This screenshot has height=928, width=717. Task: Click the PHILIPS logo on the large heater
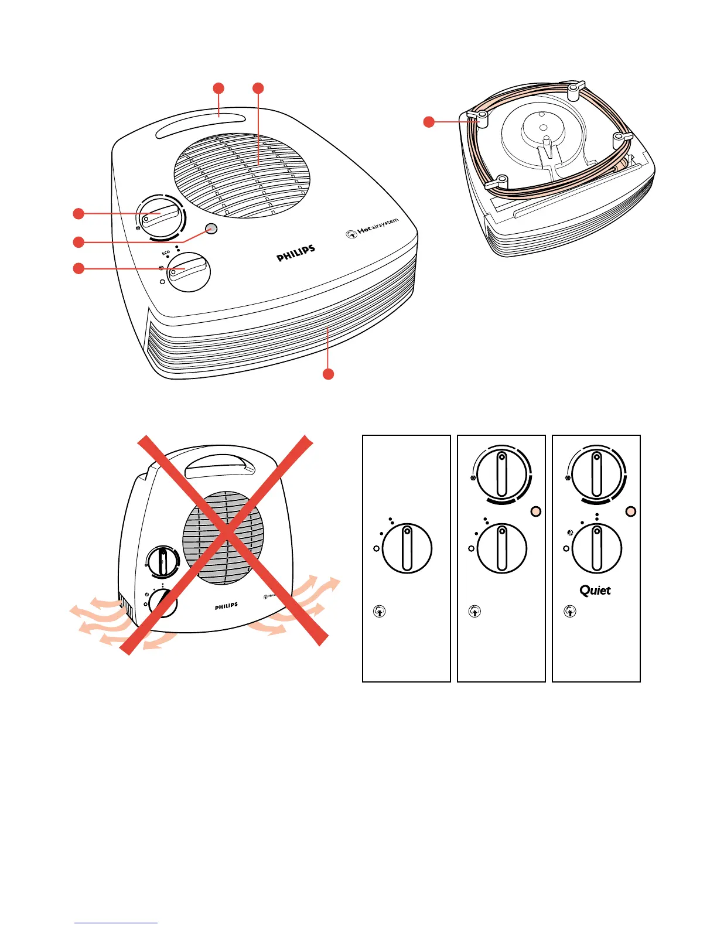(x=296, y=253)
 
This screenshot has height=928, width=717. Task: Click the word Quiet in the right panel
(x=595, y=591)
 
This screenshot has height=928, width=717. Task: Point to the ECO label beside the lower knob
(x=166, y=253)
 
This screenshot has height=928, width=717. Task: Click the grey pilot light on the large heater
(x=212, y=228)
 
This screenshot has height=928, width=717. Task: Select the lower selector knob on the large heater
(x=189, y=271)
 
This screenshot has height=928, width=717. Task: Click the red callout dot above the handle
(x=218, y=88)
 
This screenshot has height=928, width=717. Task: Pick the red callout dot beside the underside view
(x=429, y=122)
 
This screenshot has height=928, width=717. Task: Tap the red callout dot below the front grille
(x=329, y=374)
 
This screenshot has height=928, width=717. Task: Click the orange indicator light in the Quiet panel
(x=630, y=511)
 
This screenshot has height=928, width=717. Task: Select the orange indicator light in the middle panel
(x=535, y=511)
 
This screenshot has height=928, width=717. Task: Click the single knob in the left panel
(x=407, y=548)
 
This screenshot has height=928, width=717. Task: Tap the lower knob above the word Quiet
(x=596, y=548)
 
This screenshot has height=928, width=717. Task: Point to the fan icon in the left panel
(x=380, y=612)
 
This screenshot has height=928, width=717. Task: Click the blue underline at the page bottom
(x=116, y=923)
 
